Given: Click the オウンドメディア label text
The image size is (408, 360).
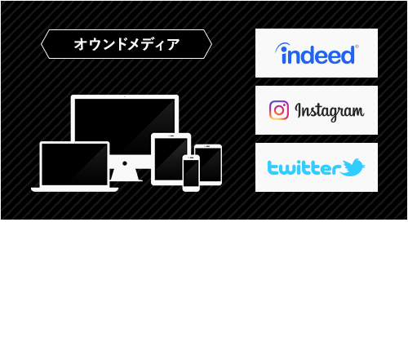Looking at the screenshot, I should [x=126, y=44].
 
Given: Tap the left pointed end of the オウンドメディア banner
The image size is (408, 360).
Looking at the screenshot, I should [x=44, y=44].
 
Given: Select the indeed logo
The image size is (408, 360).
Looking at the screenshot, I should [x=317, y=54].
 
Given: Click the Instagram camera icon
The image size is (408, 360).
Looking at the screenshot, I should [x=279, y=110].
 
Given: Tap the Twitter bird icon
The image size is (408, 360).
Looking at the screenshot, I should [x=353, y=167].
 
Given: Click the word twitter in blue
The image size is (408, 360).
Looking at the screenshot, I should [x=304, y=168].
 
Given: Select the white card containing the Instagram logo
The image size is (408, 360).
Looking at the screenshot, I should [x=317, y=110].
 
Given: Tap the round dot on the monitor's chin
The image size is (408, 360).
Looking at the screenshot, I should [x=124, y=161].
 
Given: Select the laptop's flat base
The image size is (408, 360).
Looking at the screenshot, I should [x=74, y=189].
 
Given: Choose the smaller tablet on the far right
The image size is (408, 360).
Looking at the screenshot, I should [x=208, y=162].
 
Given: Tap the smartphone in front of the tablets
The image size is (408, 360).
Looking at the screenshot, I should [x=191, y=173].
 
